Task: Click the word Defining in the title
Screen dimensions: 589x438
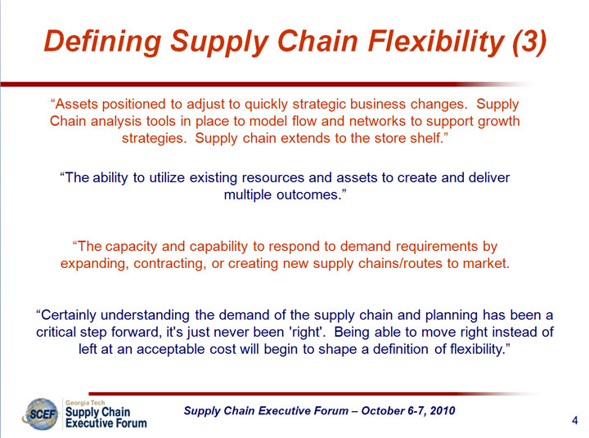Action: pos(102,42)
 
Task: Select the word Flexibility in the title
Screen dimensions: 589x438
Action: pos(436,42)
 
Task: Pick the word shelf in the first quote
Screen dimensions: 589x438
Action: pos(427,138)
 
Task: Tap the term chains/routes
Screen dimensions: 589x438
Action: pos(400,263)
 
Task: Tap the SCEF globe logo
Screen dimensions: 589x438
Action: pos(41,414)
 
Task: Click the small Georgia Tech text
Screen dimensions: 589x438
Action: pos(85,403)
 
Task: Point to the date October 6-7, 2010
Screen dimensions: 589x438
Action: pos(408,410)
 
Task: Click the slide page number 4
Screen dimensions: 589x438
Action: pos(575,420)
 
